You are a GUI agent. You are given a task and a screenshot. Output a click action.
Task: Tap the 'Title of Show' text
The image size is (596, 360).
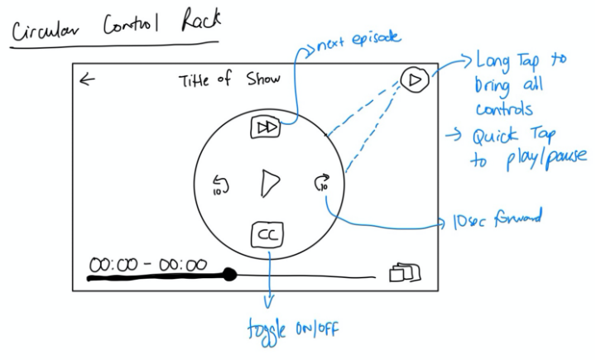(x=229, y=80)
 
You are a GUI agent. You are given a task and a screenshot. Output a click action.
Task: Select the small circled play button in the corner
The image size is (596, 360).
(x=414, y=79)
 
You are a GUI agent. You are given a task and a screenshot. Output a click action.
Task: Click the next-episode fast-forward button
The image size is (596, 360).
(x=266, y=127)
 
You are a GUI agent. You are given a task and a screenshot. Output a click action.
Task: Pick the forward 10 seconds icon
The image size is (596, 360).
(x=321, y=183)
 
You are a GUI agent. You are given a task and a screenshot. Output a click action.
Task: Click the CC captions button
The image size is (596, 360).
(x=267, y=236)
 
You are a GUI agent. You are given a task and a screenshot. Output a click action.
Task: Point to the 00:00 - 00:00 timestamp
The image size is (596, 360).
(x=148, y=264)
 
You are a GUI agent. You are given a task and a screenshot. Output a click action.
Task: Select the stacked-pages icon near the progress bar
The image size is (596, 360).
(x=405, y=272)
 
